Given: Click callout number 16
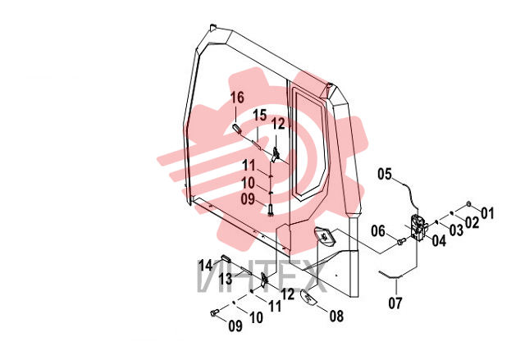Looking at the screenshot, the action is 237,98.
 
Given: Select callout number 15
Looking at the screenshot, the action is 260,115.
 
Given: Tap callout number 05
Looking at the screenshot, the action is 385,174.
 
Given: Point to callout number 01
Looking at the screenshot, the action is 487,212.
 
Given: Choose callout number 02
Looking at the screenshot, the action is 472,222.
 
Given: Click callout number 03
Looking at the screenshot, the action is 456,230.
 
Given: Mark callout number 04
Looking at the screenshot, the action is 439,240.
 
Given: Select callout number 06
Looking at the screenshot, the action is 378,231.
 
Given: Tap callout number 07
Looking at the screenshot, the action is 395,303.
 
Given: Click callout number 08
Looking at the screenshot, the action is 336,316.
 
